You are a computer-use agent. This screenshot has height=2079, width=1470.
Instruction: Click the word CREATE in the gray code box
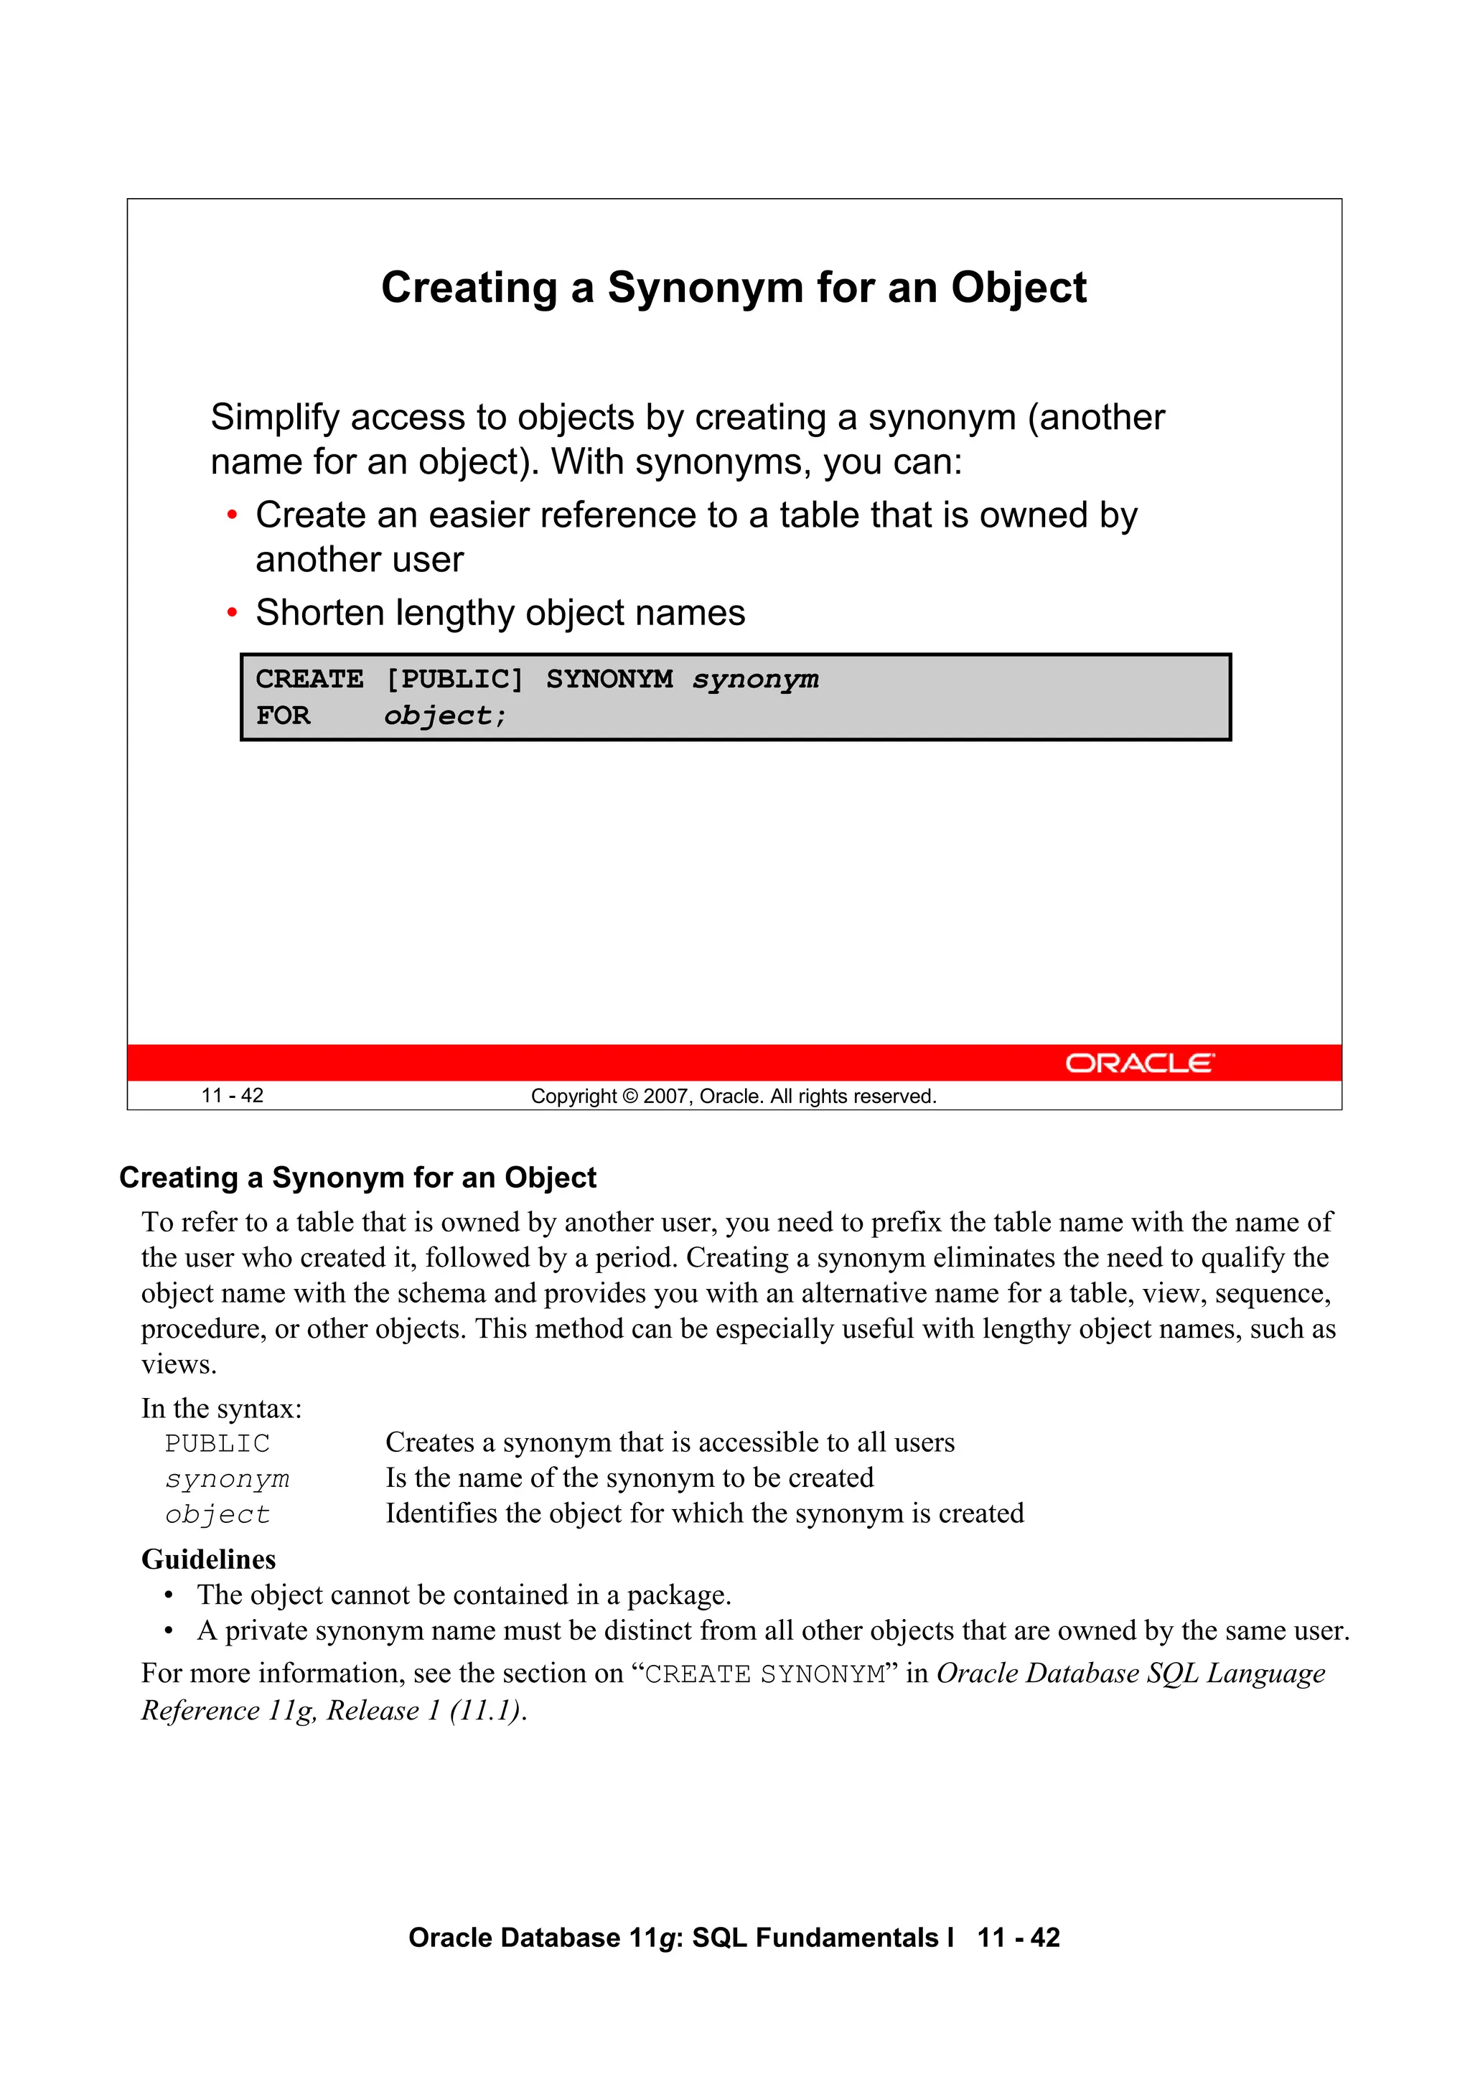[309, 679]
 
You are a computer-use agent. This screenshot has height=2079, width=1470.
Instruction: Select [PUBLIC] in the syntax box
[454, 679]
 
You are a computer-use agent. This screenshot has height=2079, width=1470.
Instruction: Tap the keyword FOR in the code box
[283, 715]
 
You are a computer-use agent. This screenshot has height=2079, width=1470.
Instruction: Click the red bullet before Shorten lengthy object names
[232, 614]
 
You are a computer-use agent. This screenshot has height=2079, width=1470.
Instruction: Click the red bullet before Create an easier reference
[232, 516]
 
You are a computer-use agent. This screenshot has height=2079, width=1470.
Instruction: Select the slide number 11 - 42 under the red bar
[232, 1096]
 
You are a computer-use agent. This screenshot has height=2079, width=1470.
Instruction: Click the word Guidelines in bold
[208, 1559]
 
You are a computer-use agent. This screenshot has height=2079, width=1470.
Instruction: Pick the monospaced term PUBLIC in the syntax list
[217, 1443]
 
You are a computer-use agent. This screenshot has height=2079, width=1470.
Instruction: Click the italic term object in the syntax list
[217, 1515]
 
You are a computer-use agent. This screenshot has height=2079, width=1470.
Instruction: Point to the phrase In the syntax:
[221, 1409]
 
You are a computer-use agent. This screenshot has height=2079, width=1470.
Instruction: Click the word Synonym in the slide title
[705, 288]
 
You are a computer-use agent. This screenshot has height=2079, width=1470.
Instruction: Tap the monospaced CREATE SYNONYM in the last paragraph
[764, 1674]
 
